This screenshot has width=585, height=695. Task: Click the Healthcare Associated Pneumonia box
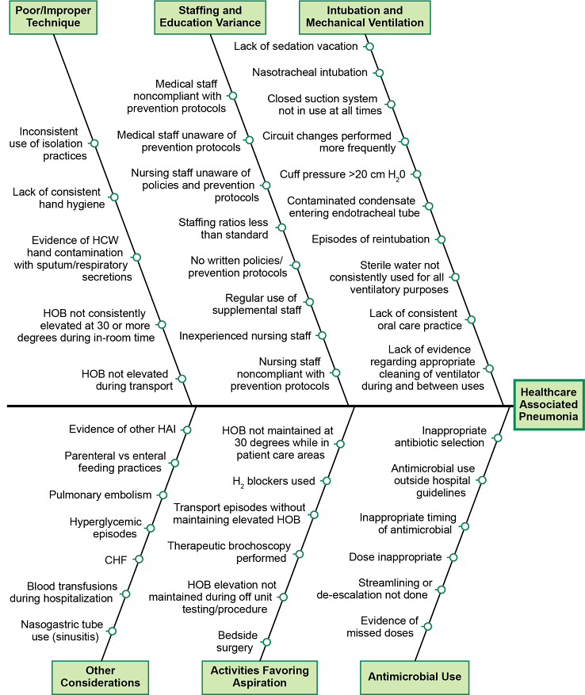click(549, 403)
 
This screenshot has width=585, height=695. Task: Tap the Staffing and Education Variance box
click(210, 17)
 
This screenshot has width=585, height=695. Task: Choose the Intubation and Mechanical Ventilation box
click(364, 17)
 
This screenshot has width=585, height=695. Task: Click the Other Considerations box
click(101, 676)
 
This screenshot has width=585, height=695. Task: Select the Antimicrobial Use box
click(415, 677)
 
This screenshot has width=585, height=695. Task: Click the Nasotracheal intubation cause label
click(310, 73)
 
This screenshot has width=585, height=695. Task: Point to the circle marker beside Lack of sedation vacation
click(369, 47)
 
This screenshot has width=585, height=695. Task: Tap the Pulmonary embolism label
click(100, 495)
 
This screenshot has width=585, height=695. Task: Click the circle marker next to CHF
click(138, 559)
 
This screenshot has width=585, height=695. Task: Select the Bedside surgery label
click(235, 641)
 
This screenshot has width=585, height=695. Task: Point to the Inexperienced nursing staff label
click(245, 336)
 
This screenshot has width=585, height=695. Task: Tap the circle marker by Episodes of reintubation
click(442, 239)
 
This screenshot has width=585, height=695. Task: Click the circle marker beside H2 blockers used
click(326, 480)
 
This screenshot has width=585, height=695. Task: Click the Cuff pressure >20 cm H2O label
click(342, 174)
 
